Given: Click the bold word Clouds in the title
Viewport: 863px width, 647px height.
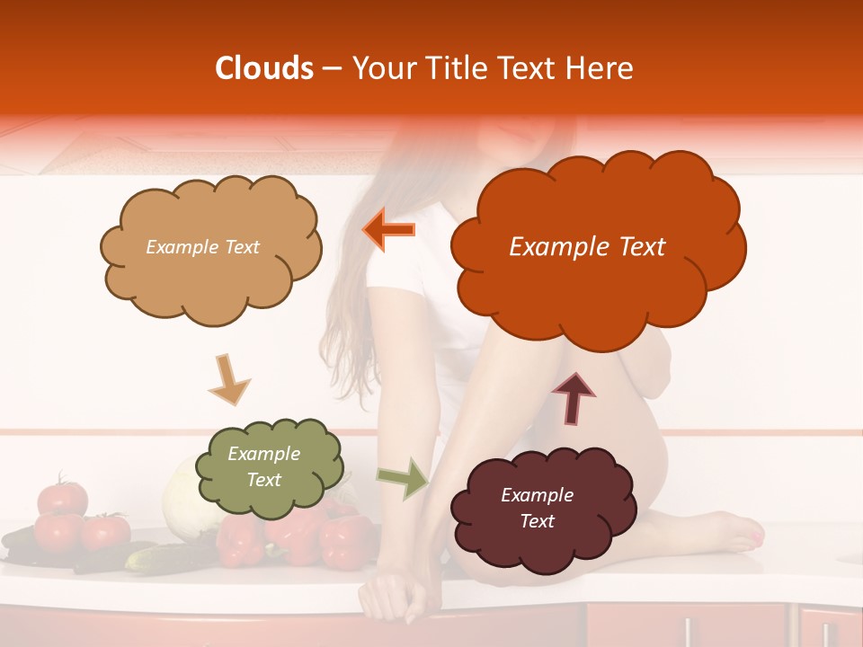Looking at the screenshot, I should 264,68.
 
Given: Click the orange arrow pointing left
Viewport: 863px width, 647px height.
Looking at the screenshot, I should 388,229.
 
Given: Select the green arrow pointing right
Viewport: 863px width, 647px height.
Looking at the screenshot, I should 404,478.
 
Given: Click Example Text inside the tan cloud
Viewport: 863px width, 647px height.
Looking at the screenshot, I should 202,247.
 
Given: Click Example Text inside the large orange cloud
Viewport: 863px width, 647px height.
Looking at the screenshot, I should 587,247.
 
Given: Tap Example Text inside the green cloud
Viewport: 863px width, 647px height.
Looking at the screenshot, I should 263,467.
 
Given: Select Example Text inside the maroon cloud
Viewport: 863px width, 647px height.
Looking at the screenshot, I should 537,508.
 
